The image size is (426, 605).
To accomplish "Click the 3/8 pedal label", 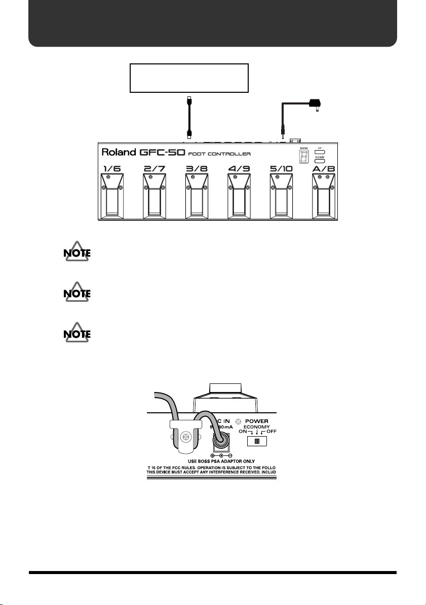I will click(x=198, y=167).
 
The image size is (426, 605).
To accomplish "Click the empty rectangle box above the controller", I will click(x=189, y=78).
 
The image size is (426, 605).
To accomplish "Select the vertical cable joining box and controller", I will click(x=189, y=116).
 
